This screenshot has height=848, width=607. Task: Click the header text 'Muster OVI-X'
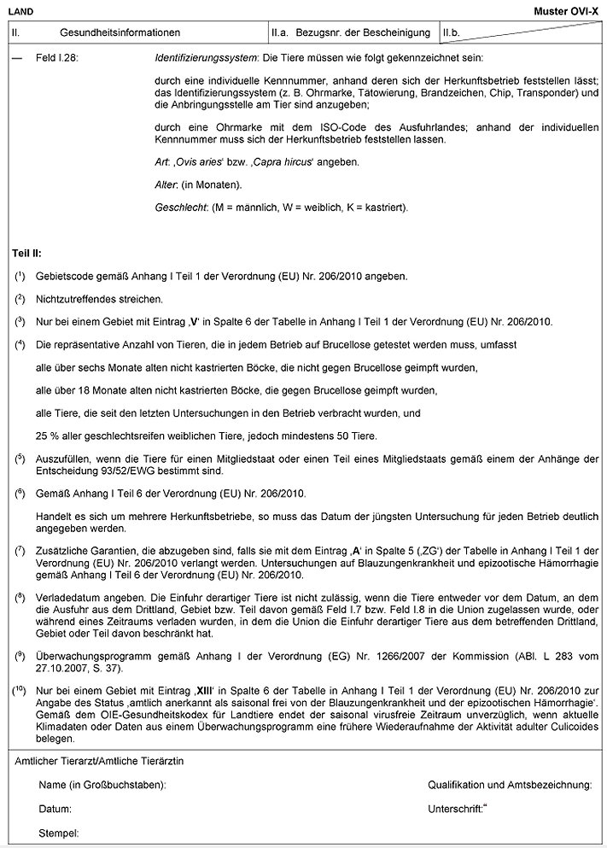pos(569,9)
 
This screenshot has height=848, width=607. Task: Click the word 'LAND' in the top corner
pos(20,9)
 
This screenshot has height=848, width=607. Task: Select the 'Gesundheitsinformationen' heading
pos(120,32)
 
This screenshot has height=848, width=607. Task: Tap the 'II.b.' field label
pos(452,32)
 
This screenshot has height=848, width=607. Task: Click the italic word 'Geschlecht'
pos(179,208)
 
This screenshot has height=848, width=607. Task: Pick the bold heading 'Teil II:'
pos(26,254)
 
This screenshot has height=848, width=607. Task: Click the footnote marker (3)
pos(20,321)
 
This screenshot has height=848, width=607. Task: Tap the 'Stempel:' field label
pos(59,832)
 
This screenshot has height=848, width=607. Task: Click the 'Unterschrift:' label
pos(456,807)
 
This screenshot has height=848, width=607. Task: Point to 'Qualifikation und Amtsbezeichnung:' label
pos(510,784)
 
